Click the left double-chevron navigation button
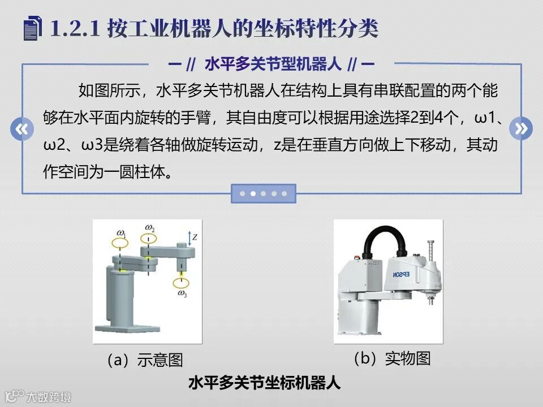coord(22,129)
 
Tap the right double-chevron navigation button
coord(521,128)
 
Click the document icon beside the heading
coord(33,29)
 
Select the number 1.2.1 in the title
coord(75,28)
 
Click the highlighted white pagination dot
coord(253,193)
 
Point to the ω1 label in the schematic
coord(121,233)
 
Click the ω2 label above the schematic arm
coord(149,228)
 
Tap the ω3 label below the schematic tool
coord(182,294)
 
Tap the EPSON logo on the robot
coord(402,275)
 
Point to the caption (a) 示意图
coord(145,360)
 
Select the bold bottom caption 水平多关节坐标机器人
coord(265,383)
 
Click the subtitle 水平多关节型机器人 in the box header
coord(273,64)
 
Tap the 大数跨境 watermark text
coord(49,397)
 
